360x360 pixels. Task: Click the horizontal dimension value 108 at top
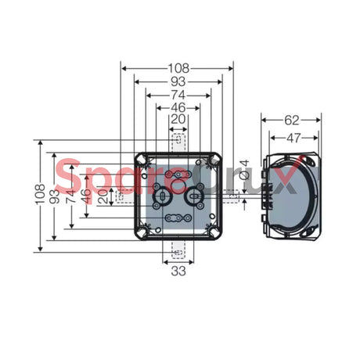[x=178, y=67]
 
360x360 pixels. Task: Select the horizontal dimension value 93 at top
[x=178, y=81]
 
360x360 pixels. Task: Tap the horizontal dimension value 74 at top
[x=178, y=94]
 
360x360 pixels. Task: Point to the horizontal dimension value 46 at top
[x=178, y=107]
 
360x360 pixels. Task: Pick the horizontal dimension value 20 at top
[x=178, y=119]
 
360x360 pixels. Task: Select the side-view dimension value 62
[x=291, y=121]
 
